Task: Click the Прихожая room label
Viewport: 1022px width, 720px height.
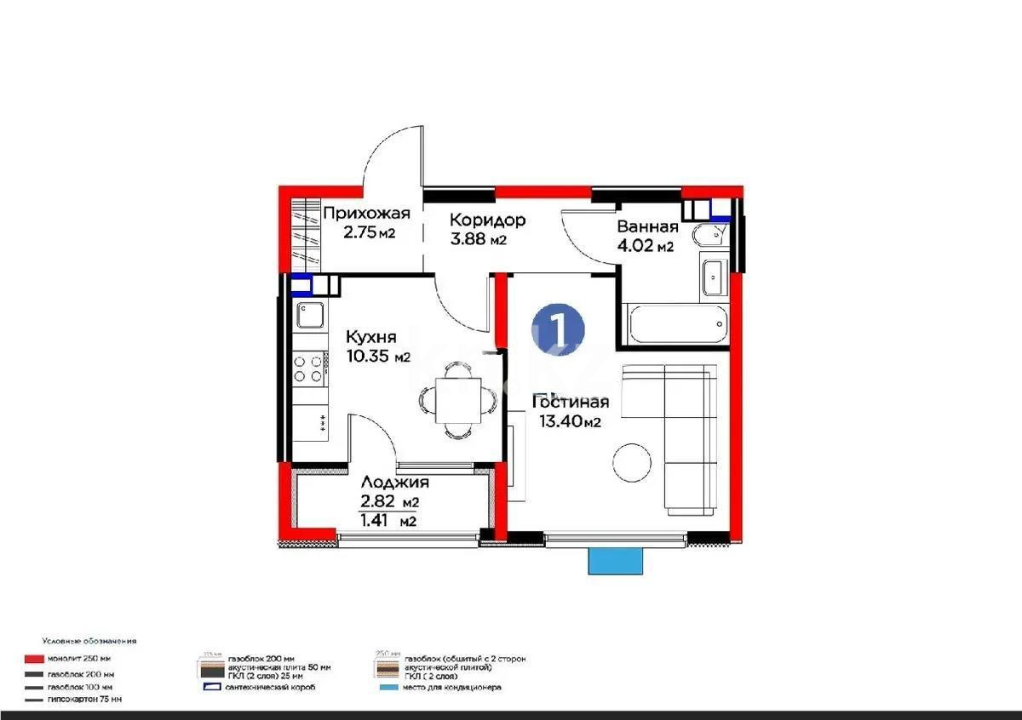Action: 365,214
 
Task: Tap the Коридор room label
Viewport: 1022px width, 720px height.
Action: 487,220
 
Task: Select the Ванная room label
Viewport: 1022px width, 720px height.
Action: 647,226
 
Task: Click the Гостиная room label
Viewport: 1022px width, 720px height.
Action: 571,402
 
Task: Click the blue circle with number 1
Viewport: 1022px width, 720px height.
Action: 558,328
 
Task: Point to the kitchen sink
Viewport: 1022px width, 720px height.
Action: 308,317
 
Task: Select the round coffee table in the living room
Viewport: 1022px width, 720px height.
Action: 632,465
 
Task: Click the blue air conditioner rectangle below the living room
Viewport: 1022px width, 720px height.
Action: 615,561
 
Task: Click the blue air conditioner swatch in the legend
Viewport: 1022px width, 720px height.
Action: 388,687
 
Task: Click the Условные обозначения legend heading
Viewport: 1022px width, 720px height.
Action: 89,641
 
